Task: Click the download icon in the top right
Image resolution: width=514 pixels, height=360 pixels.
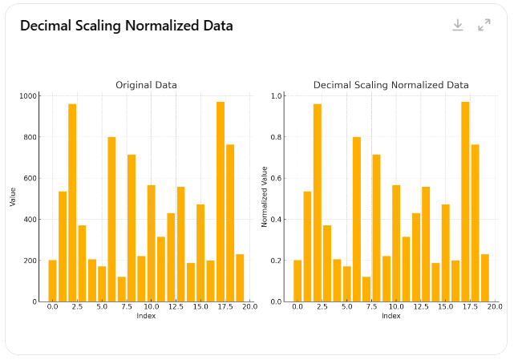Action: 458,25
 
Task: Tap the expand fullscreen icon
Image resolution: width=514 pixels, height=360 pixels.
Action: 484,25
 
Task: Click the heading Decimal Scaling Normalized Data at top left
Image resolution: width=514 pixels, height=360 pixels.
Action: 127,26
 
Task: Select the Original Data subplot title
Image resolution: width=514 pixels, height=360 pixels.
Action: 146,85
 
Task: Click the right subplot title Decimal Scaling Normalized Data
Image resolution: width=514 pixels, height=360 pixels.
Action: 391,85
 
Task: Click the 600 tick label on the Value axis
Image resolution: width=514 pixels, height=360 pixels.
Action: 30,179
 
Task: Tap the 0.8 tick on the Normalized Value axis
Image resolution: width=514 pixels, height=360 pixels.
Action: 277,137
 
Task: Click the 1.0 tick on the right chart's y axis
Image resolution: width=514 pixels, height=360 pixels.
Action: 277,96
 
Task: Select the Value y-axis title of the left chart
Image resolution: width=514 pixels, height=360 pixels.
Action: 13,197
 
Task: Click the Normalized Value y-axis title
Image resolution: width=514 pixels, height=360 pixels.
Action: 265,197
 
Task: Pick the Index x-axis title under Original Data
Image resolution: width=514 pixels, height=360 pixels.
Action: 146,316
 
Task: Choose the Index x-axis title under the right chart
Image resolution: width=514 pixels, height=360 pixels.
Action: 391,316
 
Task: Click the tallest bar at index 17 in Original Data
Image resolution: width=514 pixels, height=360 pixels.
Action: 221,201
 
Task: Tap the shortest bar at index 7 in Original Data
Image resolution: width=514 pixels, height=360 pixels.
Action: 122,289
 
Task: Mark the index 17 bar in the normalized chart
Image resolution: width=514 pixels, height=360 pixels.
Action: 465,201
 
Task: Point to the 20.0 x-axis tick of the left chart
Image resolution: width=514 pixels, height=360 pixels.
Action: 249,307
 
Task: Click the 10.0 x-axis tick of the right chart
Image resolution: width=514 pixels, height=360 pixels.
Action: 396,307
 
